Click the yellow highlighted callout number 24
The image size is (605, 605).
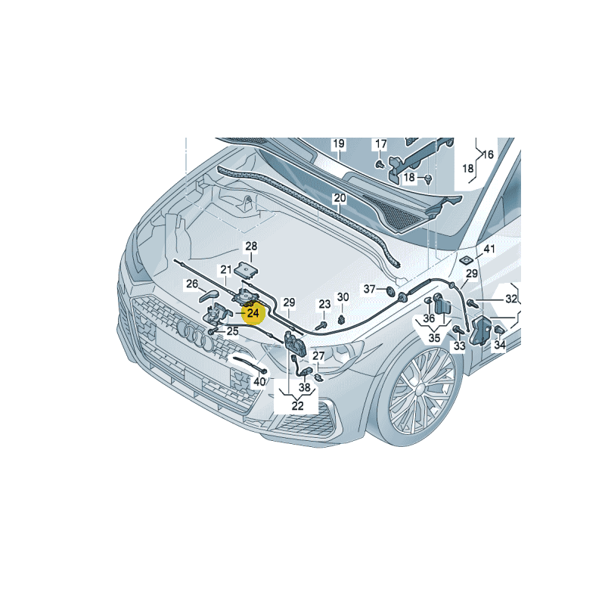click(x=253, y=312)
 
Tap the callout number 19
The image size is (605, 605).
click(x=338, y=144)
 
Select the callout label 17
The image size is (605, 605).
click(x=380, y=144)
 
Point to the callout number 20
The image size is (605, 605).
click(x=340, y=198)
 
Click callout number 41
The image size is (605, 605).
click(x=489, y=249)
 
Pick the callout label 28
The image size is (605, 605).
click(x=250, y=246)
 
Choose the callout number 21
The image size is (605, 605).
click(x=226, y=269)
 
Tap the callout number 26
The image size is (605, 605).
click(x=192, y=284)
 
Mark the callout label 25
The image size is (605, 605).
click(x=231, y=330)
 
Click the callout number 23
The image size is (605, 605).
click(x=324, y=304)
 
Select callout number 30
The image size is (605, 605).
click(x=343, y=297)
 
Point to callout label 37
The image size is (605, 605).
click(x=370, y=289)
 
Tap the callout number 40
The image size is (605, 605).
click(x=259, y=382)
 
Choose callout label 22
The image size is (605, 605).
click(x=297, y=406)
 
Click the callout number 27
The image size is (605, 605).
click(x=318, y=356)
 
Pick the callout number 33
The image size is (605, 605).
click(x=460, y=346)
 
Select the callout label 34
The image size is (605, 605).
click(x=499, y=346)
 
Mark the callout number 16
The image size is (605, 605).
click(x=488, y=154)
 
